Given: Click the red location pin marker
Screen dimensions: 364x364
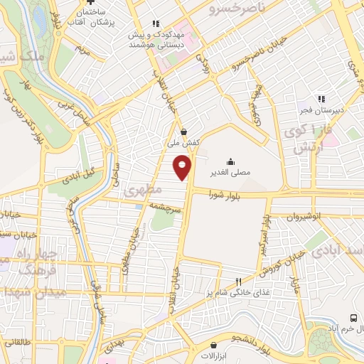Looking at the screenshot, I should point(183,168).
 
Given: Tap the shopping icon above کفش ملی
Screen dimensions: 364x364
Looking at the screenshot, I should point(184,131).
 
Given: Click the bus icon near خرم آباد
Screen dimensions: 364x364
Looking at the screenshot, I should point(354,318).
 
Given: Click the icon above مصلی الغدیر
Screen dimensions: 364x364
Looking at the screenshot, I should point(230,161).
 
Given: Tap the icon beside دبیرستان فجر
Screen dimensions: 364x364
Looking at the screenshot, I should point(321,99).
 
